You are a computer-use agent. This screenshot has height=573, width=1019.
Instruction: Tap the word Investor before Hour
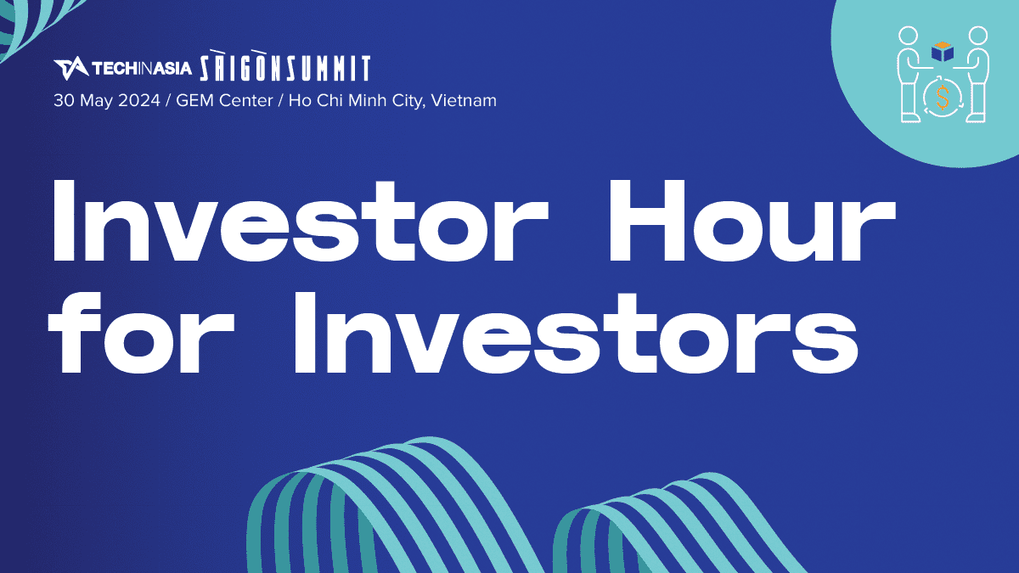click(x=301, y=220)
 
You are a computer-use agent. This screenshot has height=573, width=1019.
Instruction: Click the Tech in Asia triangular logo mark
click(x=71, y=68)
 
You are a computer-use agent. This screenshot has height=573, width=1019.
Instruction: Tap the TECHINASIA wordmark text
click(x=142, y=68)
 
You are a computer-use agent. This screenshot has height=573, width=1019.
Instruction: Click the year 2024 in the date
click(x=139, y=100)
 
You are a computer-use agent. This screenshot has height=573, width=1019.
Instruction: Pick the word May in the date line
click(x=97, y=101)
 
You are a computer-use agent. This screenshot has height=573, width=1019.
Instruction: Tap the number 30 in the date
click(x=65, y=100)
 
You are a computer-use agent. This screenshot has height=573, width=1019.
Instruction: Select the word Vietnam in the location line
click(x=464, y=100)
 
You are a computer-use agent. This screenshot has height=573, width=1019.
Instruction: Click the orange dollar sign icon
click(x=943, y=98)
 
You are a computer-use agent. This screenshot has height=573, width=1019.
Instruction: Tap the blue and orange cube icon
click(x=942, y=52)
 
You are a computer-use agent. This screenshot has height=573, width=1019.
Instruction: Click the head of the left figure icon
click(x=908, y=36)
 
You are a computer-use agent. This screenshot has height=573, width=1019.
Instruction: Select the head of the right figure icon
click(x=977, y=36)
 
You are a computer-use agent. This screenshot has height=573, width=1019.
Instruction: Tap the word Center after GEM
click(x=246, y=100)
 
